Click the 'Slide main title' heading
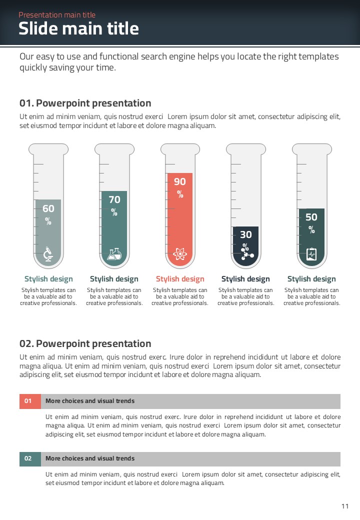[78, 28]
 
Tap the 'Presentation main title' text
[57, 15]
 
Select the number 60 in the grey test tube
[48, 208]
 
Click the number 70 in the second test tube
[114, 199]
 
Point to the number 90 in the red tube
[180, 181]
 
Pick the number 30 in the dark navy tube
[246, 235]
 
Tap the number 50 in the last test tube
[311, 217]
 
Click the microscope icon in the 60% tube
[48, 254]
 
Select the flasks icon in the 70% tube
[114, 254]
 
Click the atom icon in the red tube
[180, 254]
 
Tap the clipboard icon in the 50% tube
[311, 254]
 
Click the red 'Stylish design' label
[180, 279]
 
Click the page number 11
[345, 506]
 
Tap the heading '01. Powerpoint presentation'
[85, 103]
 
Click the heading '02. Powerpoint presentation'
[85, 344]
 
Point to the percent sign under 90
[180, 194]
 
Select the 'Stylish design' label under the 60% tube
[48, 279]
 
